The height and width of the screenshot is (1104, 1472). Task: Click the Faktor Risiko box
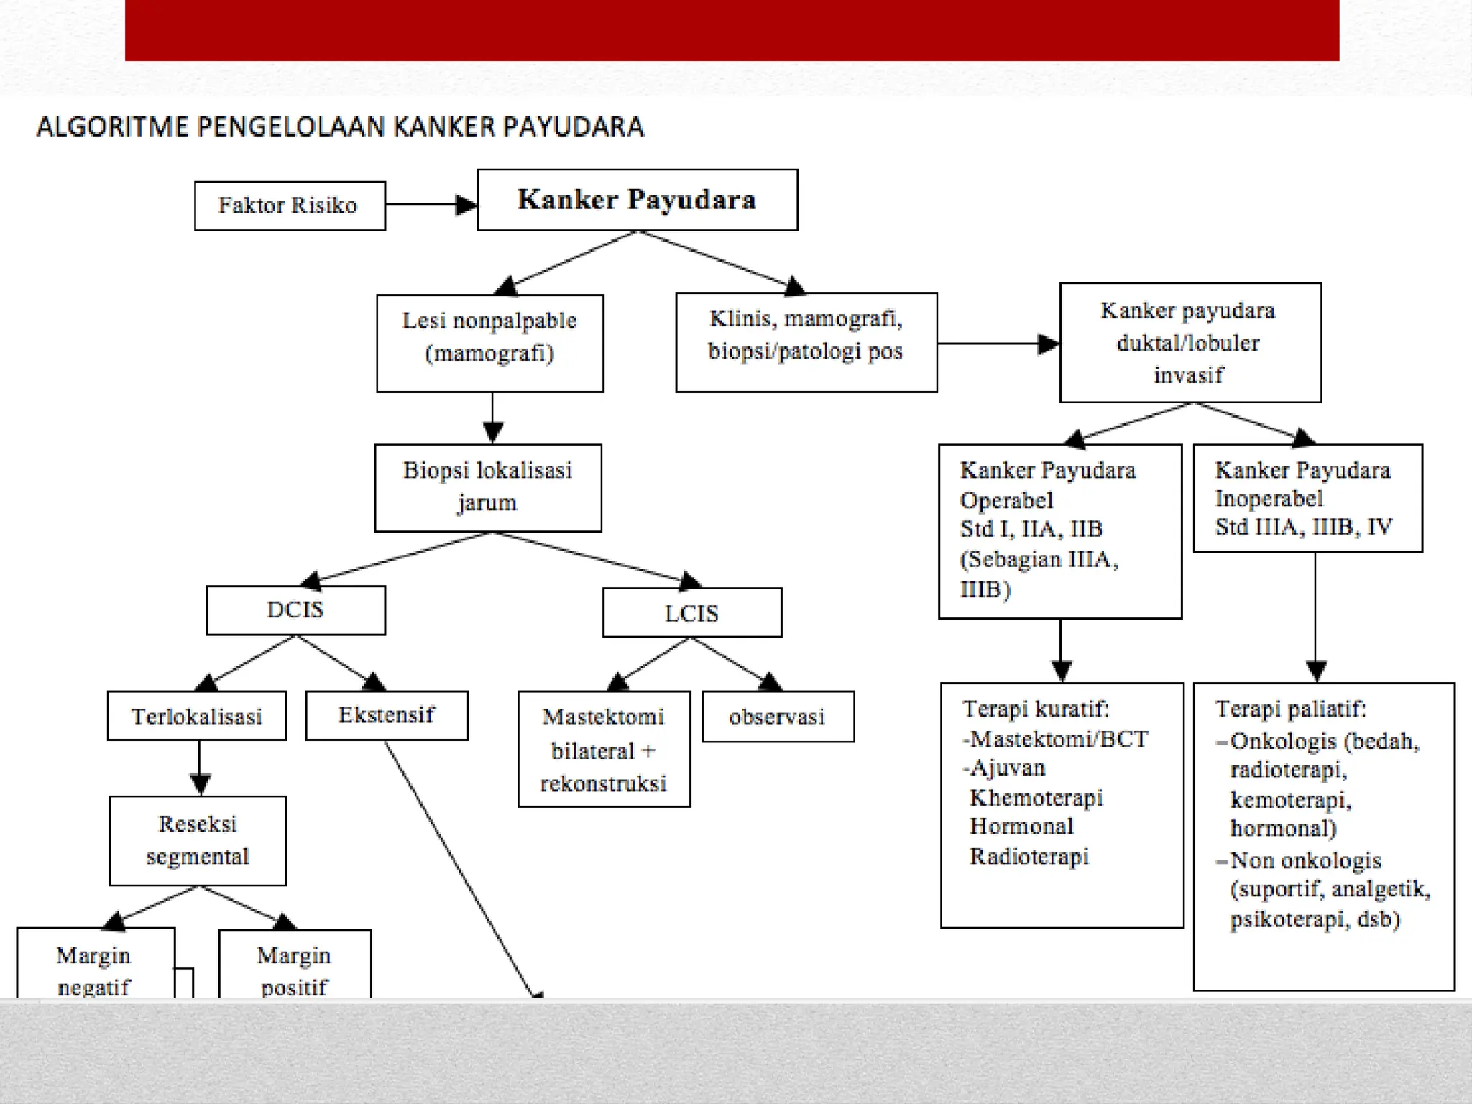(290, 206)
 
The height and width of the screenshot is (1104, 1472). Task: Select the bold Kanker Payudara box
(637, 200)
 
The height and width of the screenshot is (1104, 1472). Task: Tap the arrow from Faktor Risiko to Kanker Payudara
(430, 205)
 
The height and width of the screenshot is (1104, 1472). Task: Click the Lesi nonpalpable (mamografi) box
(489, 343)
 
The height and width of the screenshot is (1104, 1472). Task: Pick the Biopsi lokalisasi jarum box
(487, 487)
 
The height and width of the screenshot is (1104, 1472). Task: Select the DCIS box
(295, 610)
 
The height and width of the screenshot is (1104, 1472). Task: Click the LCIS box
(691, 613)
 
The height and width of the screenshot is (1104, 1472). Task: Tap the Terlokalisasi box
(196, 716)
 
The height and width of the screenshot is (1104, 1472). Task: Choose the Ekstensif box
(387, 715)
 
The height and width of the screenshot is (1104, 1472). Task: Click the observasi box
(777, 717)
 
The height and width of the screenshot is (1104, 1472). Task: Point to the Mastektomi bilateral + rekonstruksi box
(604, 749)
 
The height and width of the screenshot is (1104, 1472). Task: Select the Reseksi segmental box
(198, 840)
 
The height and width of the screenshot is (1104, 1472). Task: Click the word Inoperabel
(1269, 499)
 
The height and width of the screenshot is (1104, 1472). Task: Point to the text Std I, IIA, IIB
(1031, 529)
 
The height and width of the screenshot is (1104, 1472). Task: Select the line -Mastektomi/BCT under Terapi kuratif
(1055, 739)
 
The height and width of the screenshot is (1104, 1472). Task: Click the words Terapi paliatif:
(1290, 709)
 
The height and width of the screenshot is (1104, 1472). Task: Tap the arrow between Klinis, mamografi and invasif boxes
(998, 344)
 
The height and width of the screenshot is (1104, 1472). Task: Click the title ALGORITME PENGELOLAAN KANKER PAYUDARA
(340, 126)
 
